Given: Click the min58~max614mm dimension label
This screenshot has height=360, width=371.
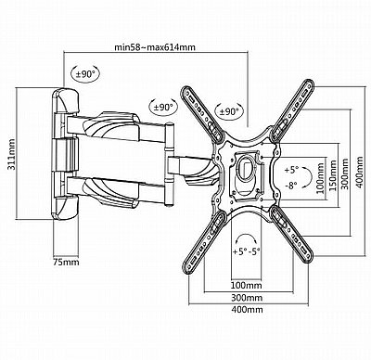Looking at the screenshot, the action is (155, 47).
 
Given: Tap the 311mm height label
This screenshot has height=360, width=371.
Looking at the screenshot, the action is (11, 154).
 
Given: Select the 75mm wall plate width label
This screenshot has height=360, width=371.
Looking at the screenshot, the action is (66, 263).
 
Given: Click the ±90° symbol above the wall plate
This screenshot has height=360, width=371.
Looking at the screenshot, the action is (85, 74).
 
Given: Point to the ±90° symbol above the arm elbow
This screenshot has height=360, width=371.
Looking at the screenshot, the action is (163, 108).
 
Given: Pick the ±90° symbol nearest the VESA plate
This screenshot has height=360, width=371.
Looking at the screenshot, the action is (229, 111).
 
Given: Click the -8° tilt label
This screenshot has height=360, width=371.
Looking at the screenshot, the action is (291, 186).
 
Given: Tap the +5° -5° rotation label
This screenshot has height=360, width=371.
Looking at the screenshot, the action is (247, 251).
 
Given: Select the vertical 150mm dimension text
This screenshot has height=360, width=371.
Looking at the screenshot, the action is (333, 175).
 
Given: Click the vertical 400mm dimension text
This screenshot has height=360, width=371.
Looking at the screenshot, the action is (359, 173).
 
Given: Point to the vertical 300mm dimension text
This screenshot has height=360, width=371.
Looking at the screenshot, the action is (345, 174).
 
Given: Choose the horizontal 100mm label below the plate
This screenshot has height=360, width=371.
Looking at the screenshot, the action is (247, 285).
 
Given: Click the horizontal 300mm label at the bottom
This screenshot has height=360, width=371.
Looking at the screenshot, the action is (247, 298).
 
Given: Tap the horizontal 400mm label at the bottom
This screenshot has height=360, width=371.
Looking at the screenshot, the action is (247, 309).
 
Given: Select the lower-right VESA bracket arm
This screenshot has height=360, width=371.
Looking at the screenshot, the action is (291, 234).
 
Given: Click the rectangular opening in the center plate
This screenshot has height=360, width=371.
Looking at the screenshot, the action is (247, 169).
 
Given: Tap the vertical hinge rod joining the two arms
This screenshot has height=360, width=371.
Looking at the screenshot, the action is (169, 165).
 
